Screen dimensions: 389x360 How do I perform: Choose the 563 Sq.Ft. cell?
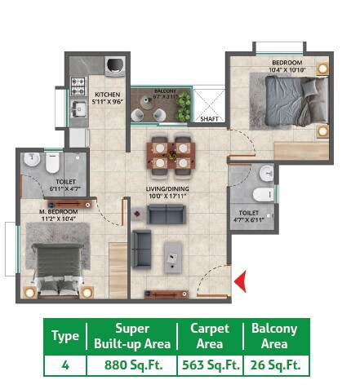[x=210, y=365]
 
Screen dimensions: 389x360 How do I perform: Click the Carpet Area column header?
[x=210, y=336]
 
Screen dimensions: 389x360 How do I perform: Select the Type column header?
[x=64, y=336]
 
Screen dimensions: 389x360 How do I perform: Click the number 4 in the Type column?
[x=64, y=365]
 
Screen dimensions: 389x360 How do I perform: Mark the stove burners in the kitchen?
[x=80, y=84]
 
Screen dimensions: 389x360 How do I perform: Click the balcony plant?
[x=184, y=104]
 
